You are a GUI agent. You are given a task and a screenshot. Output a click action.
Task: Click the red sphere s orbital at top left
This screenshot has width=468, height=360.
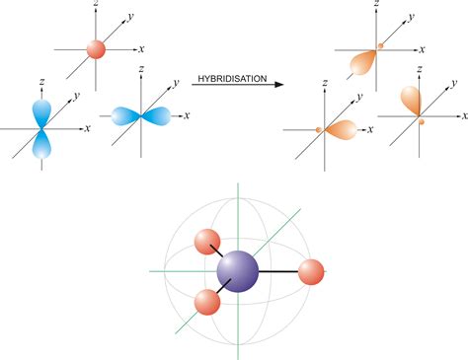tap(96, 48)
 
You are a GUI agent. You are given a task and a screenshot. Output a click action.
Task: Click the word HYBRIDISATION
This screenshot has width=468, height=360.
tap(231, 78)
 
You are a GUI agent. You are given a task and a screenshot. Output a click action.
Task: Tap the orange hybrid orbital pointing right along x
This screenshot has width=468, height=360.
tap(340, 128)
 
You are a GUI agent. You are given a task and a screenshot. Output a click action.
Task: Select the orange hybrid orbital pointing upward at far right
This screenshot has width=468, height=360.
tap(410, 102)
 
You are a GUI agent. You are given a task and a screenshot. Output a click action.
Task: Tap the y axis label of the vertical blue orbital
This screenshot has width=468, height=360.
tap(76, 97)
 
